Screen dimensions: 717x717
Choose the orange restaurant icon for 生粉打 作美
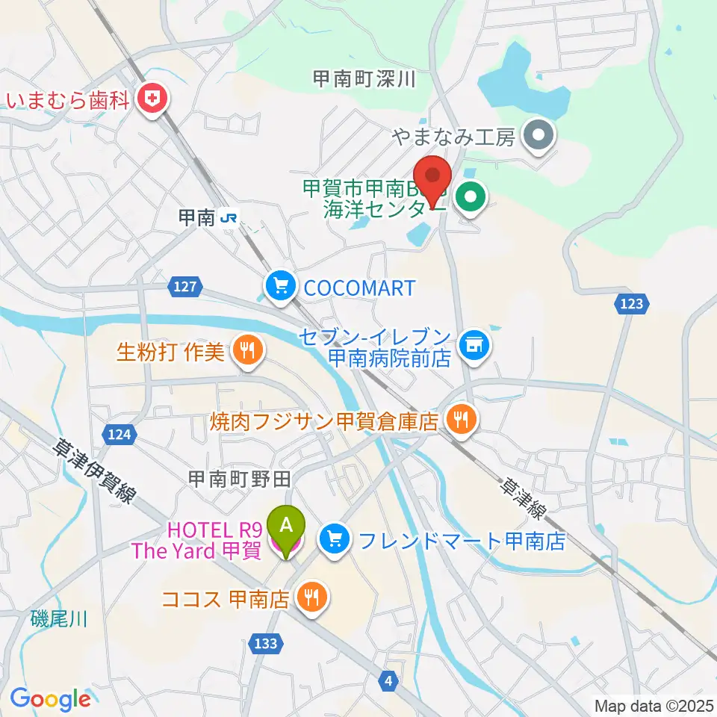click(x=247, y=350)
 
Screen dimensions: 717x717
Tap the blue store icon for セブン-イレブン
click(x=474, y=345)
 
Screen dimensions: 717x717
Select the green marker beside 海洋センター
click(x=470, y=199)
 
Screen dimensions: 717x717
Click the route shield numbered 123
click(x=632, y=303)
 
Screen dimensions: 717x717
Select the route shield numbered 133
click(x=269, y=643)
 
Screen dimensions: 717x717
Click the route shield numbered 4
click(x=389, y=679)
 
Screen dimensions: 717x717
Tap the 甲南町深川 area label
click(x=364, y=80)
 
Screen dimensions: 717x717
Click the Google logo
click(x=50, y=700)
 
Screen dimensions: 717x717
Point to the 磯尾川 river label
click(x=59, y=618)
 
